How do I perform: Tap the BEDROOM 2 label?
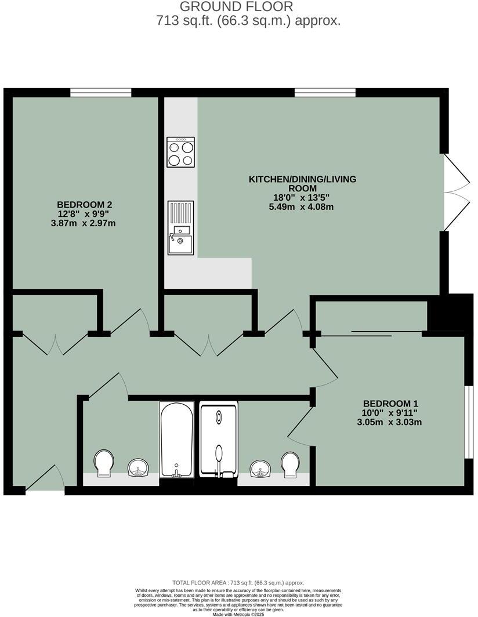click(x=84, y=205)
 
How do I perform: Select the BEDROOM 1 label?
click(x=390, y=404)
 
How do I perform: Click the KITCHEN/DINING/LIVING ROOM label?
click(x=302, y=184)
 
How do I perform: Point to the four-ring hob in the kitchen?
click(x=181, y=153)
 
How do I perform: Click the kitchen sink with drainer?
click(x=180, y=228)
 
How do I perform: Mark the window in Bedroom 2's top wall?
click(x=101, y=92)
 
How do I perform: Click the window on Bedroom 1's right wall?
click(x=470, y=422)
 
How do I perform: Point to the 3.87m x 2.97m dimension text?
click(x=84, y=223)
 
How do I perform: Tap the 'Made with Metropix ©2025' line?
click(x=238, y=614)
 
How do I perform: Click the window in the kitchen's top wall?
click(x=325, y=92)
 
